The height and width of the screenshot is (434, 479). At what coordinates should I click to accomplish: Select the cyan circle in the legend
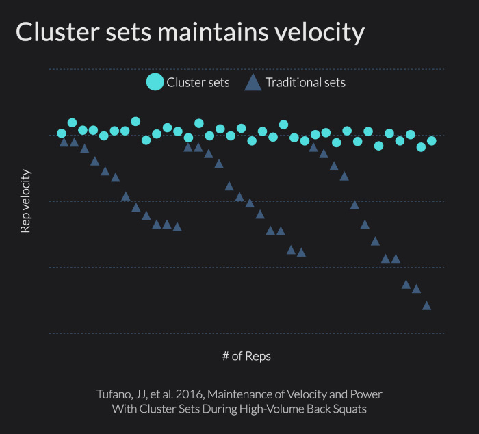tap(155, 83)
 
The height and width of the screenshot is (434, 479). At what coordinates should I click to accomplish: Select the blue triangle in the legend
tap(253, 83)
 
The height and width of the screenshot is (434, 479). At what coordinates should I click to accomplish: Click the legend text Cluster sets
tap(198, 83)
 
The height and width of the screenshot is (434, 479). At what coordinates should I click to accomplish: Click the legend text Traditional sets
tap(305, 83)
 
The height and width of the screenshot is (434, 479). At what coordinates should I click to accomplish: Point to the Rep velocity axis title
tap(25, 201)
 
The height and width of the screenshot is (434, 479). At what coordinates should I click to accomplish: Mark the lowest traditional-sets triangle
tap(426, 306)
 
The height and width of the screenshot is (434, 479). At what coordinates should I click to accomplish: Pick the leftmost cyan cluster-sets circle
tap(62, 133)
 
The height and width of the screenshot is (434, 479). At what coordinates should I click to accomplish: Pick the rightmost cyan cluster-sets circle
tap(431, 141)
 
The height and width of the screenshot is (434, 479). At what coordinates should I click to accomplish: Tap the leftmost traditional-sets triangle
tap(64, 142)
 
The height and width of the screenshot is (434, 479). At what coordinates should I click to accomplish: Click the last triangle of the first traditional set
tap(177, 227)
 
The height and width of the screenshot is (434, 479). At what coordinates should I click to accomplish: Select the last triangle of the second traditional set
tap(301, 253)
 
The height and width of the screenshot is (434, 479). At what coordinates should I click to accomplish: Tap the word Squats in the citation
tap(350, 409)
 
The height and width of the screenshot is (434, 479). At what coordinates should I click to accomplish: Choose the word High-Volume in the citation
tap(272, 409)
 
